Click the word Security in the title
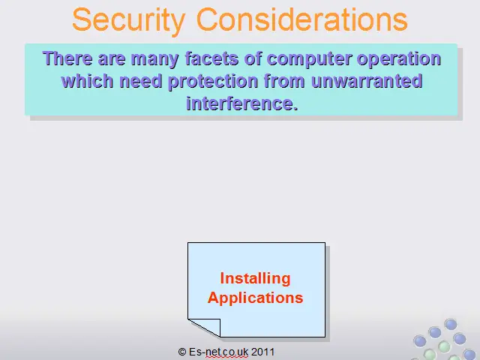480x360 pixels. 129,20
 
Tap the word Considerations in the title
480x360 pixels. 301,19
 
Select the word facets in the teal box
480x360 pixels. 211,58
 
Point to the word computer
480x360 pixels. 309,59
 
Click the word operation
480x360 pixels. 399,59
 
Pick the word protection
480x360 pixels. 213,82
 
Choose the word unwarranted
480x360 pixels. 367,81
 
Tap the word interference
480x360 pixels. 242,103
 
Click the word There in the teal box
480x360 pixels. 67,58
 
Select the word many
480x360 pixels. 155,59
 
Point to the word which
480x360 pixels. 88,81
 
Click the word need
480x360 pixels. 141,81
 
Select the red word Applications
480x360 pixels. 255,298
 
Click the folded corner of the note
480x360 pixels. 204,328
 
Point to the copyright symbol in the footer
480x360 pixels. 182,352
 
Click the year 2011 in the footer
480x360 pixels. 262,352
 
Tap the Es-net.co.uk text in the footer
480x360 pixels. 218,352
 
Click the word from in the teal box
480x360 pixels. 284,81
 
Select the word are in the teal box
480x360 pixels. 112,59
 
